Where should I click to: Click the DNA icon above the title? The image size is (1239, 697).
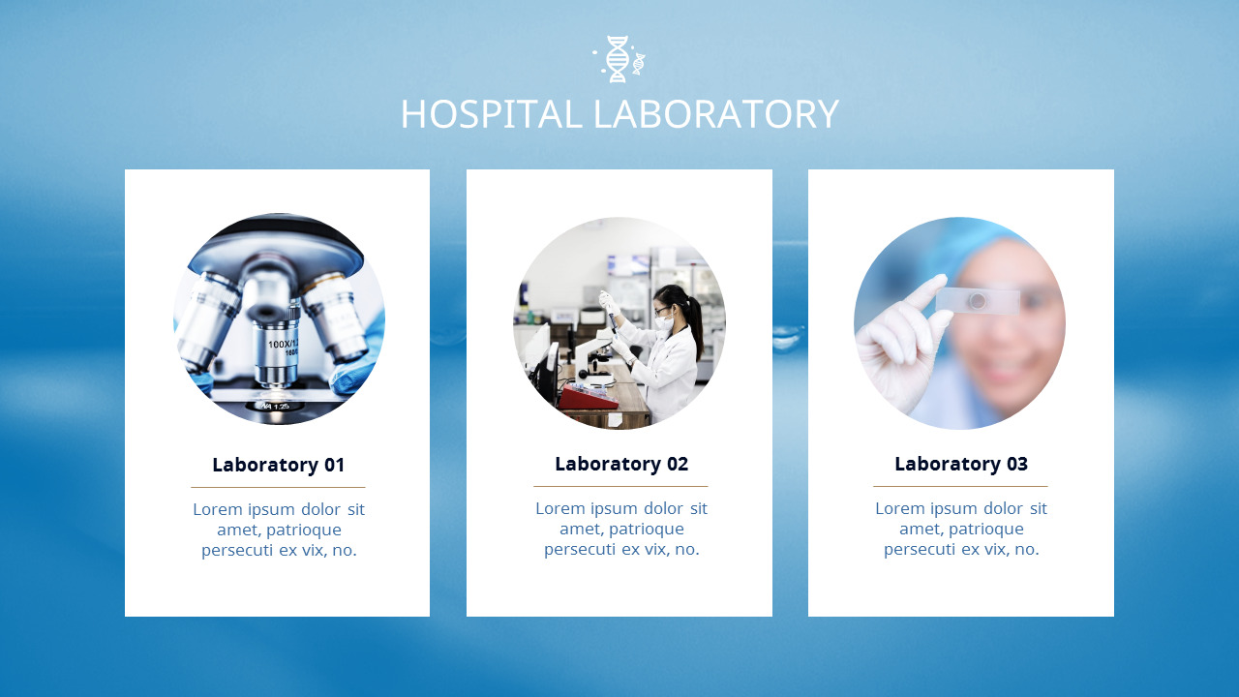(x=618, y=59)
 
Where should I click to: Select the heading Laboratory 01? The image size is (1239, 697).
(x=278, y=465)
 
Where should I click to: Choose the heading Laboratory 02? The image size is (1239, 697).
(x=620, y=464)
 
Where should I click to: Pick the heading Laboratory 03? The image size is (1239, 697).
(x=960, y=464)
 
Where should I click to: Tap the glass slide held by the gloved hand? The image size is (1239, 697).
(x=978, y=301)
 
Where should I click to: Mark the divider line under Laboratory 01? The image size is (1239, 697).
(x=278, y=487)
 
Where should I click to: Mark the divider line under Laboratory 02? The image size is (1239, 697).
(x=620, y=486)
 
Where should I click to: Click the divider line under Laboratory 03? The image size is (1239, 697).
(x=960, y=486)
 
